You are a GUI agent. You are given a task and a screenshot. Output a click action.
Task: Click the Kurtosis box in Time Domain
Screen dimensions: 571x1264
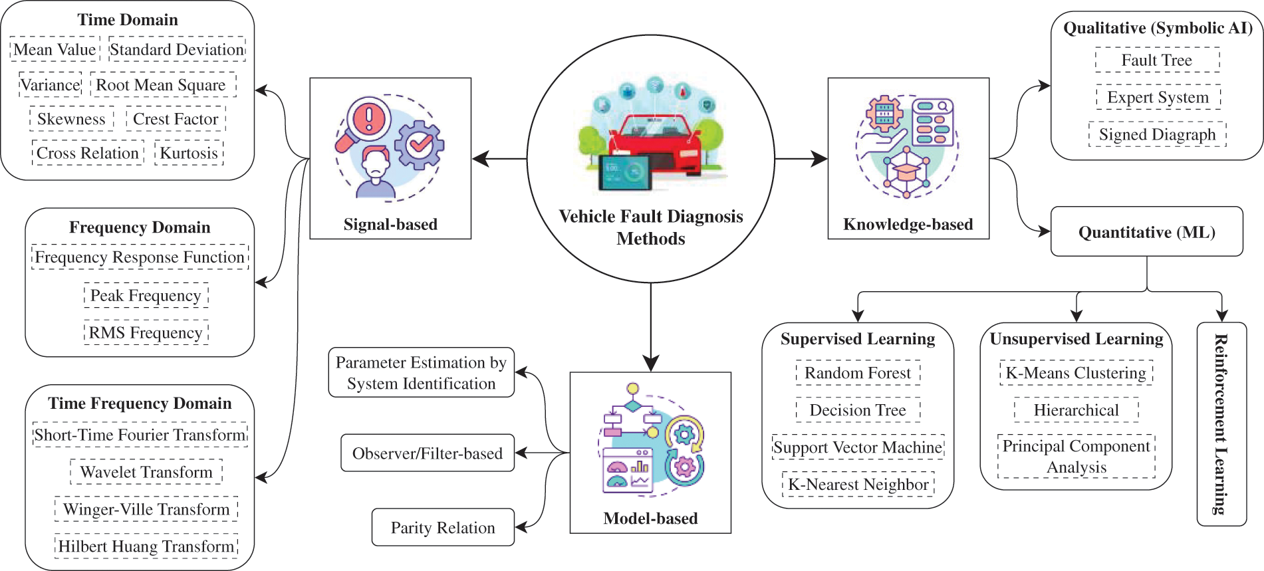click(x=189, y=153)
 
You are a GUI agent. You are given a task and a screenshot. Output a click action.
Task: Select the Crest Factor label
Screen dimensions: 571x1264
click(x=176, y=119)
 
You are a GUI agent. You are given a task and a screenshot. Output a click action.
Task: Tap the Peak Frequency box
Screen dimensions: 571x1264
click(x=146, y=296)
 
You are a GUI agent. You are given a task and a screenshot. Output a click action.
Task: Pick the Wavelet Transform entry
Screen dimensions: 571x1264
click(x=146, y=472)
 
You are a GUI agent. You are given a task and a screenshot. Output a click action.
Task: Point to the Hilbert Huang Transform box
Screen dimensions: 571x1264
click(x=146, y=546)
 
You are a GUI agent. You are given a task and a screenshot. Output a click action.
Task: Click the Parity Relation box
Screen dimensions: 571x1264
click(x=443, y=528)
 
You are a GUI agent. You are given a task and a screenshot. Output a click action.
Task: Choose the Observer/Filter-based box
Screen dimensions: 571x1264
click(x=428, y=453)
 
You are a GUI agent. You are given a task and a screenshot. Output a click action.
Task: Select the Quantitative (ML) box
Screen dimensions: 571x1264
click(x=1146, y=232)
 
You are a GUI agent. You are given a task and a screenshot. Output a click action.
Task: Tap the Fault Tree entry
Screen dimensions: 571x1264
click(x=1157, y=60)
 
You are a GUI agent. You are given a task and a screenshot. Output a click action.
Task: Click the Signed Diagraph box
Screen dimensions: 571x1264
click(x=1157, y=135)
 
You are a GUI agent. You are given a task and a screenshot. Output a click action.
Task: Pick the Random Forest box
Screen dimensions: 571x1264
click(x=858, y=373)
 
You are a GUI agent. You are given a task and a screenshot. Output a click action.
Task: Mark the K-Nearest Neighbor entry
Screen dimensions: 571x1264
click(x=858, y=485)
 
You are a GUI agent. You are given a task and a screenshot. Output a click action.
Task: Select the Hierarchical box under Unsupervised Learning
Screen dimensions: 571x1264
click(x=1076, y=410)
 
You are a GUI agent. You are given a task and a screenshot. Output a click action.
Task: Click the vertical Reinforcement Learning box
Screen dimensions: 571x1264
click(x=1221, y=424)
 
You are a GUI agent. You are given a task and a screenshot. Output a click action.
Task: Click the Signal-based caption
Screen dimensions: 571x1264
click(x=390, y=225)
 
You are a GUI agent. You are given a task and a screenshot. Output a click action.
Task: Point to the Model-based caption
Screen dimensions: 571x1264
click(x=650, y=518)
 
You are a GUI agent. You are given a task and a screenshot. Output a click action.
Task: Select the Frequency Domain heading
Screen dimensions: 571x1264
click(x=140, y=227)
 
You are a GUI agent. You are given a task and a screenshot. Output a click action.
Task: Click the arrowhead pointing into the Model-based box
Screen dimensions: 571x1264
click(x=651, y=363)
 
